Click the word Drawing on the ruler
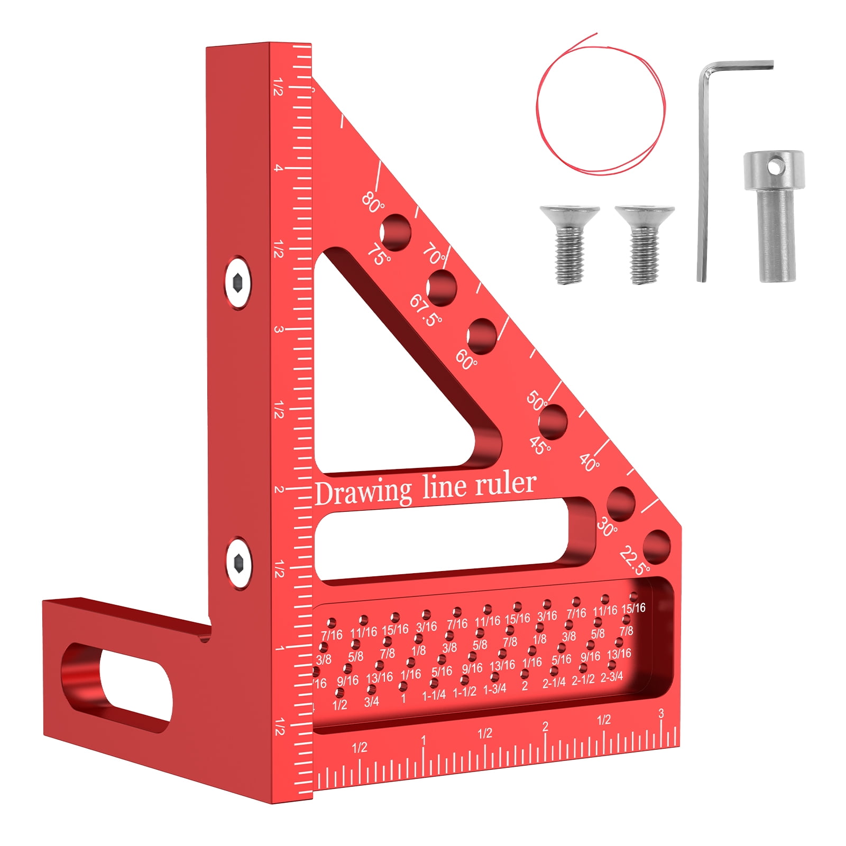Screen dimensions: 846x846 click(363, 493)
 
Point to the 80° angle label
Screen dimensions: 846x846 click(373, 202)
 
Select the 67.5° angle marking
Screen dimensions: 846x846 click(425, 310)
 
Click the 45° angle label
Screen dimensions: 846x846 click(540, 446)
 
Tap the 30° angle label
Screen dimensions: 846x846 click(607, 527)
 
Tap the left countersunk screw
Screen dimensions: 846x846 click(569, 243)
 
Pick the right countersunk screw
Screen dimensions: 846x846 click(644, 243)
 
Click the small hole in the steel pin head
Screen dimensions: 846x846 click(775, 167)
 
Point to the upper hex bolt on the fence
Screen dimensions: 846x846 click(237, 282)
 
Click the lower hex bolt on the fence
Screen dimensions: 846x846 click(237, 563)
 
